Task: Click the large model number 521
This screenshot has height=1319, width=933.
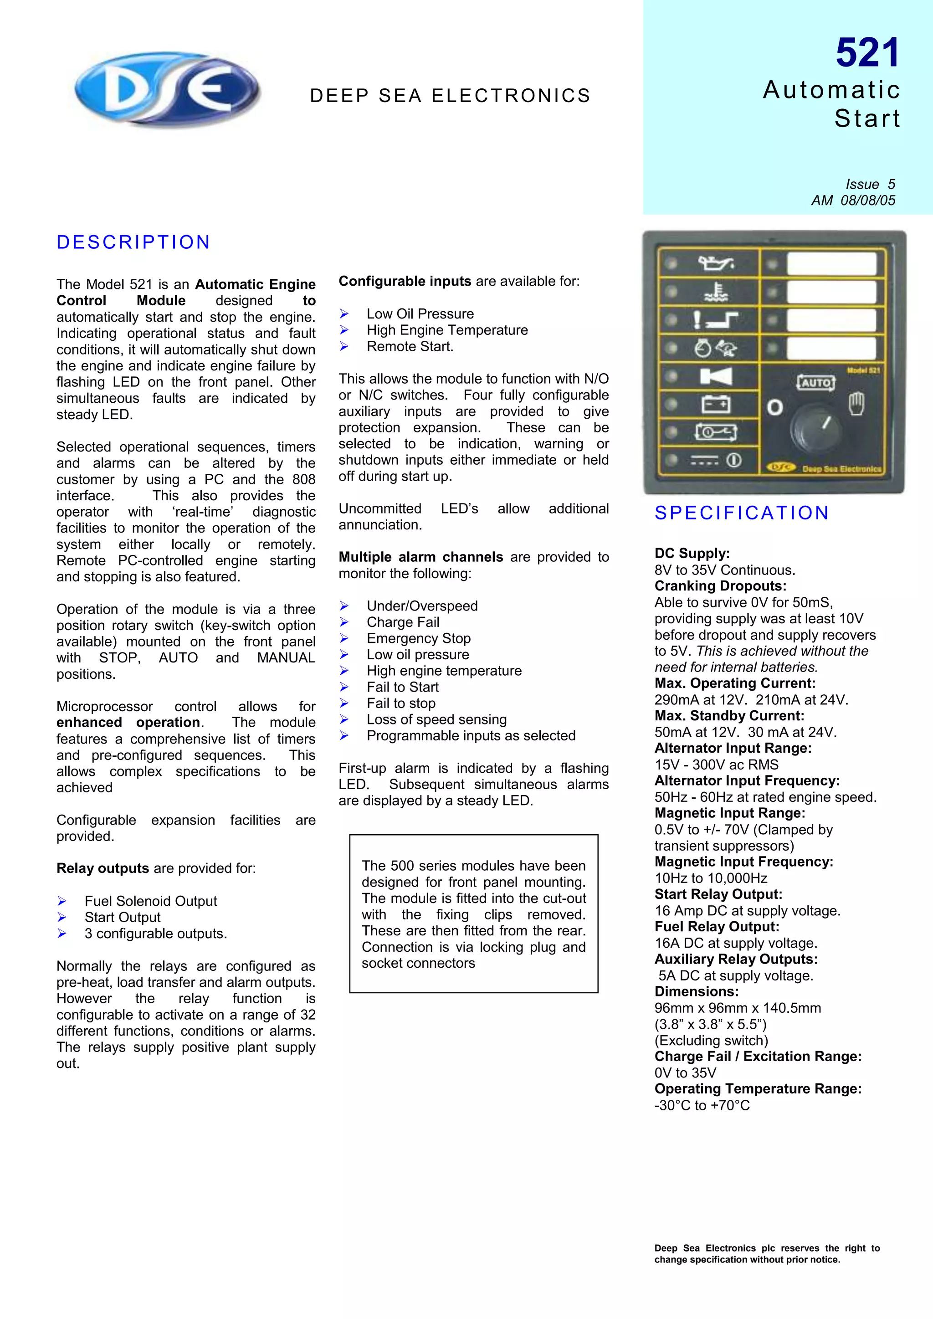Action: pos(867,53)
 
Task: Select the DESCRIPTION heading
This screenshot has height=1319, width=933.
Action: pos(133,242)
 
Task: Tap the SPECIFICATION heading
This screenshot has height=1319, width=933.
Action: pos(742,513)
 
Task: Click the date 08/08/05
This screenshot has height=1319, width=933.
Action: pos(867,200)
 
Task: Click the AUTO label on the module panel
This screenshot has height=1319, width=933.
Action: pos(816,383)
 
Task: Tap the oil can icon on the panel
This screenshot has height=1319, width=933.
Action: pos(715,264)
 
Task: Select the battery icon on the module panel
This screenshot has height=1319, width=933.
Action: pos(716,405)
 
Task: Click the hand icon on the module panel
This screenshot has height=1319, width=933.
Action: pos(856,404)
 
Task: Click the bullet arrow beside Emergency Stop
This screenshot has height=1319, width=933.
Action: pos(344,638)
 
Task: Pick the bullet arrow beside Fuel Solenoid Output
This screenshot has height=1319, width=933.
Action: pos(62,901)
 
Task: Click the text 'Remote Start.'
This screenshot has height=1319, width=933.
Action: pos(410,346)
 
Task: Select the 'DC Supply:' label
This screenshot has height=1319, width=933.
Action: pos(692,553)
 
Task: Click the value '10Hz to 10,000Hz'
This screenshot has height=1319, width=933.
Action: pos(711,878)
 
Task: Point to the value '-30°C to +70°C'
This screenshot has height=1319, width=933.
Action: pos(702,1105)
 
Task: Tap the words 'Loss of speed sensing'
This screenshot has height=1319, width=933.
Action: pos(436,719)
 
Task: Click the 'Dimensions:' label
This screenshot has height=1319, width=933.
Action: pos(696,991)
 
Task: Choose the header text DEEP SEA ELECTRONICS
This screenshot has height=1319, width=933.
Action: pos(450,95)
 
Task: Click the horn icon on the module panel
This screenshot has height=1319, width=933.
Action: pos(716,376)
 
